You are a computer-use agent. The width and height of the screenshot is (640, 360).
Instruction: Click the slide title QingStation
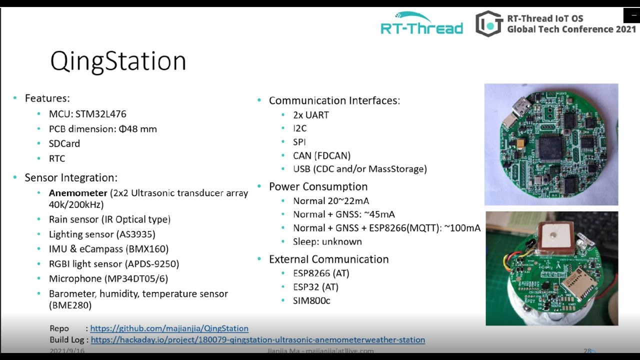(118, 61)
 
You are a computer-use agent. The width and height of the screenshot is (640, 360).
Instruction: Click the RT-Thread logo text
(421, 28)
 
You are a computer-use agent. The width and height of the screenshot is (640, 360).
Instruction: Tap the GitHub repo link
(169, 328)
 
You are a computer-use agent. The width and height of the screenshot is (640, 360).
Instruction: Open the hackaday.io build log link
(257, 340)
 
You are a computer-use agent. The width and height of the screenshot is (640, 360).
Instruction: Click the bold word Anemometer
(78, 193)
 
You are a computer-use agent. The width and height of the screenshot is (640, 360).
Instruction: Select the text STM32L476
(101, 114)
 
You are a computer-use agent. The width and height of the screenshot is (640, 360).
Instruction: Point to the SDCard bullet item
(64, 143)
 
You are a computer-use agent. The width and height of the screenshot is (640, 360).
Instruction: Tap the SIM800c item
(311, 300)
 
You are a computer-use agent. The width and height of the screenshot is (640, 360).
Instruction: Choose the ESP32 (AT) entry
(315, 287)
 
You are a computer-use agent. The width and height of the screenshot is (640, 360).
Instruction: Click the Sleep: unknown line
(327, 241)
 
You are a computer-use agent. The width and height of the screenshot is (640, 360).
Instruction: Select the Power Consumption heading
(318, 186)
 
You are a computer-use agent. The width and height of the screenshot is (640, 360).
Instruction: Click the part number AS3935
(136, 234)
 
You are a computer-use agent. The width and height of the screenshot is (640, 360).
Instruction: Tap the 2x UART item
(310, 115)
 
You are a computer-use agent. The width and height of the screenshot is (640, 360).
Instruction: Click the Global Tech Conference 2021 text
(571, 29)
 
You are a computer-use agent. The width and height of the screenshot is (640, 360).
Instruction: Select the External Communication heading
(328, 259)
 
